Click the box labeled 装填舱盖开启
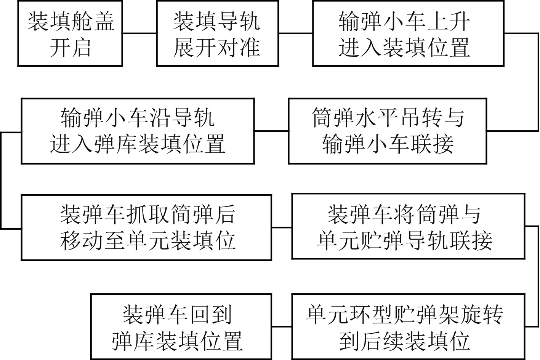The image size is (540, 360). click(x=70, y=34)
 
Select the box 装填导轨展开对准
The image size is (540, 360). click(x=217, y=34)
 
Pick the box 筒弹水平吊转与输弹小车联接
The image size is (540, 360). click(x=387, y=131)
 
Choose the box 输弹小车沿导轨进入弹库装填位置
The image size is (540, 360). click(x=138, y=131)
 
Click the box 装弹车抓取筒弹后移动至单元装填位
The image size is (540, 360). click(x=146, y=227)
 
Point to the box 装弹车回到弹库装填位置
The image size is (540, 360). click(x=181, y=326)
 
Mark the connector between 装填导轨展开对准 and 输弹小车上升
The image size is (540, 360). click(x=295, y=33)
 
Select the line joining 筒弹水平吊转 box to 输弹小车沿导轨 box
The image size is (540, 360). click(x=271, y=131)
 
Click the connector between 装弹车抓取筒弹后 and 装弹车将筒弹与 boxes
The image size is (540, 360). click(x=282, y=227)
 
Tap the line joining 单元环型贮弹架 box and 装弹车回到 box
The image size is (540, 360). click(x=282, y=326)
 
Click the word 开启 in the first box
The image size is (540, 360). click(x=70, y=48)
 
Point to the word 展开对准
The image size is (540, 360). click(x=217, y=48)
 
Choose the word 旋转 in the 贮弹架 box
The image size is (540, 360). click(x=482, y=315)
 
